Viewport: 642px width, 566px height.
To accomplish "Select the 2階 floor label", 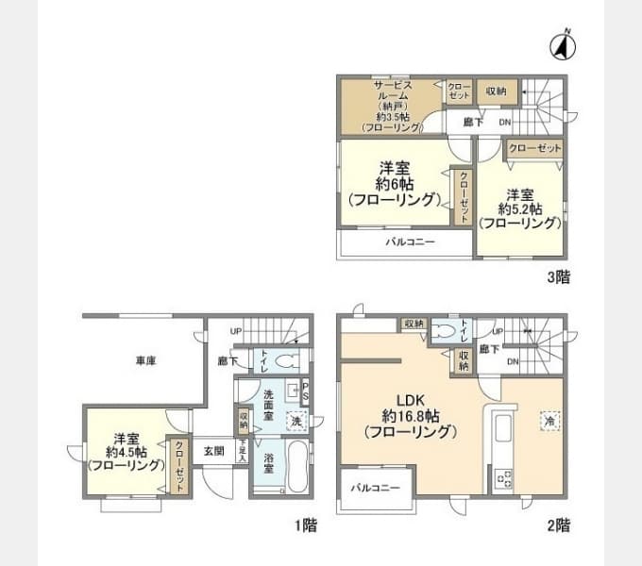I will click(556, 524).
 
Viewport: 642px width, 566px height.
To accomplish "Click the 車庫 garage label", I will click(144, 359).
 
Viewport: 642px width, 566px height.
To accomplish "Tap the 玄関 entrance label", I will click(214, 450).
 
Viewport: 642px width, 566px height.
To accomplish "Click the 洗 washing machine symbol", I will click(296, 420).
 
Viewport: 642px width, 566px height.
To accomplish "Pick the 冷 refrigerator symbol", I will click(549, 422).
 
